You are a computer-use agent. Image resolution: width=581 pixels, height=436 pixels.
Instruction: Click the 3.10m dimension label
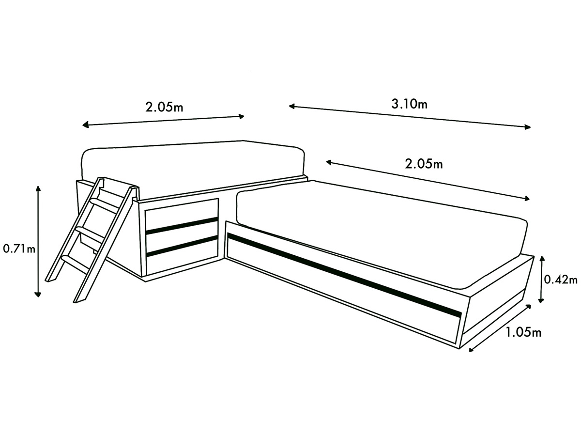click(409, 104)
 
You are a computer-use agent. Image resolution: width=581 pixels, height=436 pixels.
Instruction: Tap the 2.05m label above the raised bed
click(164, 107)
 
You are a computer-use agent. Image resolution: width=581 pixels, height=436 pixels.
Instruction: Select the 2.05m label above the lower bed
click(424, 164)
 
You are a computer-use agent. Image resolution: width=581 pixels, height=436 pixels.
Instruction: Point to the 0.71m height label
click(19, 249)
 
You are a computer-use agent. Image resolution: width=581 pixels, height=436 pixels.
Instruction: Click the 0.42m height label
click(561, 280)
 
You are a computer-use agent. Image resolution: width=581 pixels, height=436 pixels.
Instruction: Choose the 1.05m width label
click(523, 332)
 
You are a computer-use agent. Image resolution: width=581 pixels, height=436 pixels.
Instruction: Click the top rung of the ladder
click(104, 204)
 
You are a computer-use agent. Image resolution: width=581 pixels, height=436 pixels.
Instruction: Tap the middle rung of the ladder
click(90, 234)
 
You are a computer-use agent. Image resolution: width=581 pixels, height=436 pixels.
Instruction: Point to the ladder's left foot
click(51, 280)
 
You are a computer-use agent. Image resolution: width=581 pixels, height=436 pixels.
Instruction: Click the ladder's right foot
click(79, 300)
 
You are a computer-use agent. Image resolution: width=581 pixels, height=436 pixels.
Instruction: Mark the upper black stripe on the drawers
click(182, 226)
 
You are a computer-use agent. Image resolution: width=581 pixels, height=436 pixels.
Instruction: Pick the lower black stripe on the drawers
click(182, 246)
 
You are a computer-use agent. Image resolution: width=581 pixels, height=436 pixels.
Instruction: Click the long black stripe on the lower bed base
click(344, 275)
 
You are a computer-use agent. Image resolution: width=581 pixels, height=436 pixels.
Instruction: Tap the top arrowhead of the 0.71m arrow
click(38, 188)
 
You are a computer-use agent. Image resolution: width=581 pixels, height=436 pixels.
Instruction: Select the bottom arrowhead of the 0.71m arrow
click(38, 294)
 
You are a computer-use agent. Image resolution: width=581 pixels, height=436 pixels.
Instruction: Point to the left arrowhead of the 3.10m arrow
click(291, 107)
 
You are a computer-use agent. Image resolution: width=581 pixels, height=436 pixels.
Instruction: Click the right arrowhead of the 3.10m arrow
click(528, 127)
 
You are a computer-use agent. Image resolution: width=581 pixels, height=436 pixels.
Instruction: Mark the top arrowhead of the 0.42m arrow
click(542, 259)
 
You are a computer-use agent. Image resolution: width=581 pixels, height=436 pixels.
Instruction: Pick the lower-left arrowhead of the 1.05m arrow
click(472, 349)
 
